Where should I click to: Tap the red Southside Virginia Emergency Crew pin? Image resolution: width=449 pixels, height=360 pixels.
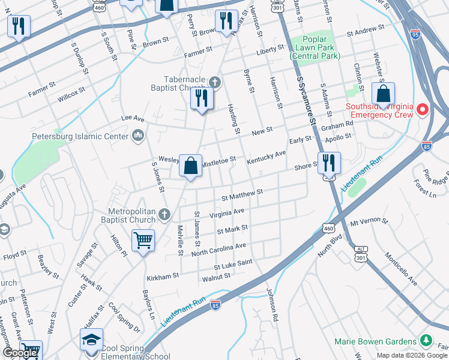click(x=423, y=109)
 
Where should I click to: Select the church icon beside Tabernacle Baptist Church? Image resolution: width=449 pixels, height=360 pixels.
click(x=215, y=80)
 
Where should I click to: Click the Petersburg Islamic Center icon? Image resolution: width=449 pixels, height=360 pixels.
click(x=139, y=136)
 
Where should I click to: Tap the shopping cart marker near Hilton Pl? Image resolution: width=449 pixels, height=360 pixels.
click(x=143, y=241)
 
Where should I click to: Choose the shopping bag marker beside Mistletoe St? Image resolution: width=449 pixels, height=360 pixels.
click(x=190, y=165)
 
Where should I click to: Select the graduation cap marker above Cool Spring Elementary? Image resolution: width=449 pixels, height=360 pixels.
click(x=91, y=340)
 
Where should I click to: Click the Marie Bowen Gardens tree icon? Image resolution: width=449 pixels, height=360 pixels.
click(x=427, y=341)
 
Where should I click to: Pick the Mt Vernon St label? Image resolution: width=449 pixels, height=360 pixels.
click(x=370, y=222)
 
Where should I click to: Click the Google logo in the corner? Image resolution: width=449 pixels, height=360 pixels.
click(x=20, y=353)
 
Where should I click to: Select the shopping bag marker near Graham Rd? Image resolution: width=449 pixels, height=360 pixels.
click(x=383, y=94)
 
